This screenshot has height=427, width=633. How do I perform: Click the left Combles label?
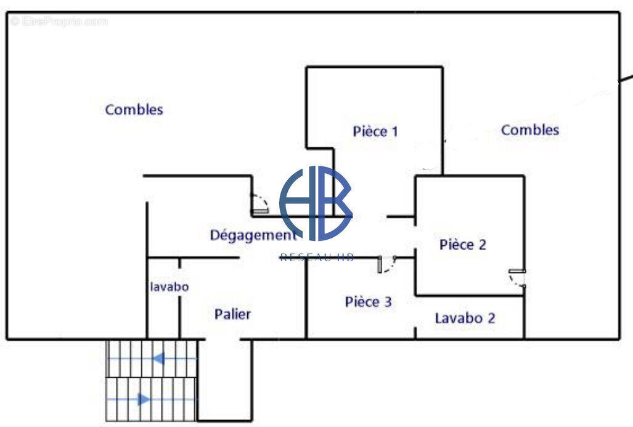(x=134, y=110)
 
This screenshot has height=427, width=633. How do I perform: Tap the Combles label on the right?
(x=530, y=130)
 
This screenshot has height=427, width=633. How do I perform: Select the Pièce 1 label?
(x=375, y=131)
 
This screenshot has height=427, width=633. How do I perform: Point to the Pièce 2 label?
(x=463, y=245)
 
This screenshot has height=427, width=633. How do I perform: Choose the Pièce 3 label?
(x=368, y=302)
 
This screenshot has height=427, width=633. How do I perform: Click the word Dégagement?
(x=253, y=235)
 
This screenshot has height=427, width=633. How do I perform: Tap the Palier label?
(x=232, y=314)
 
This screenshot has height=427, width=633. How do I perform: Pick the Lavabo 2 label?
(x=465, y=319)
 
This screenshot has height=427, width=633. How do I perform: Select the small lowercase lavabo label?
(x=169, y=287)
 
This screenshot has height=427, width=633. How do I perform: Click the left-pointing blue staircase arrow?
(x=160, y=358)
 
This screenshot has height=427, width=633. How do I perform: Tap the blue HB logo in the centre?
(x=316, y=203)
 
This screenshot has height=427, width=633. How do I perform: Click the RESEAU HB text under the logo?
(x=317, y=257)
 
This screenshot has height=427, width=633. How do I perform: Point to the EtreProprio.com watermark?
(x=59, y=22)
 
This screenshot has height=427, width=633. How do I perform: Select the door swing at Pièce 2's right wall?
(x=517, y=279)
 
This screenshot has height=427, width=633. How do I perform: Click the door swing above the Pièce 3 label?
(x=386, y=264)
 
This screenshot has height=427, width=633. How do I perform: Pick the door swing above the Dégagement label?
(x=259, y=204)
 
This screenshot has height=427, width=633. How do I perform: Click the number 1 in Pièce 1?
(x=394, y=131)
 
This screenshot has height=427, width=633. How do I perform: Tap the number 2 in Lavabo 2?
(x=491, y=319)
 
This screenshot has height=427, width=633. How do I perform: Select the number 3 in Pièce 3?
(x=387, y=302)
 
